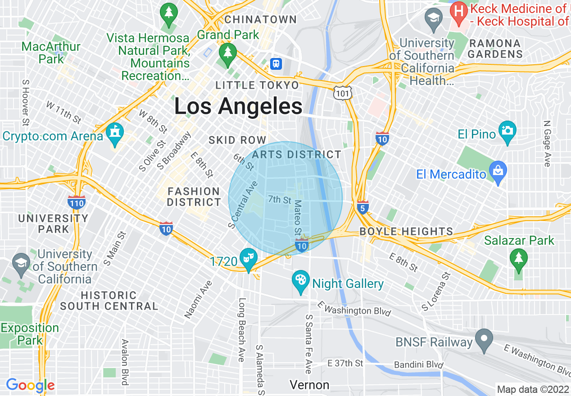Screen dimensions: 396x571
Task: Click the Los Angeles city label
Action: (x=238, y=107)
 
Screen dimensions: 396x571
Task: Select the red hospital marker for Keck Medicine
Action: (x=459, y=13)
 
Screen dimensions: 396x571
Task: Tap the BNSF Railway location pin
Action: (x=484, y=341)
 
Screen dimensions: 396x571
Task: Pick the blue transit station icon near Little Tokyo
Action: (x=276, y=64)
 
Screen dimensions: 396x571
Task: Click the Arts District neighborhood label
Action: (x=297, y=154)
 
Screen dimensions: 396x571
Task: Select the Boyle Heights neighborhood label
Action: (x=406, y=231)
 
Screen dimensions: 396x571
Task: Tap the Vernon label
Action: (x=309, y=385)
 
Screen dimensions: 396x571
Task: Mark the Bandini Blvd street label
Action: (x=419, y=364)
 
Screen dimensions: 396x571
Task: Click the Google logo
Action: (x=30, y=386)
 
